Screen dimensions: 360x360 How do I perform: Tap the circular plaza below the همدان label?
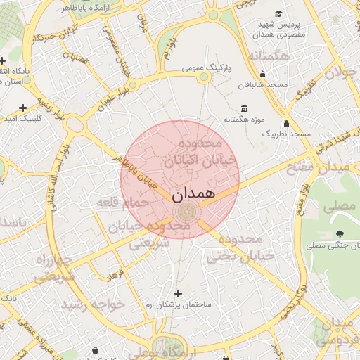(186, 210)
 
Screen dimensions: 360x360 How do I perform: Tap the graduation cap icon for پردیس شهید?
(279, 14)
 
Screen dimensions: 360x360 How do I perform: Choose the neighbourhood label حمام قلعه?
(126, 202)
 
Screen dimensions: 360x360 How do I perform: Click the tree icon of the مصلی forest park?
(341, 233)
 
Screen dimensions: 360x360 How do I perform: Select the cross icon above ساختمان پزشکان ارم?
(178, 293)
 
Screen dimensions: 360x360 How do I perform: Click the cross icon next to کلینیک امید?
(23, 108)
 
